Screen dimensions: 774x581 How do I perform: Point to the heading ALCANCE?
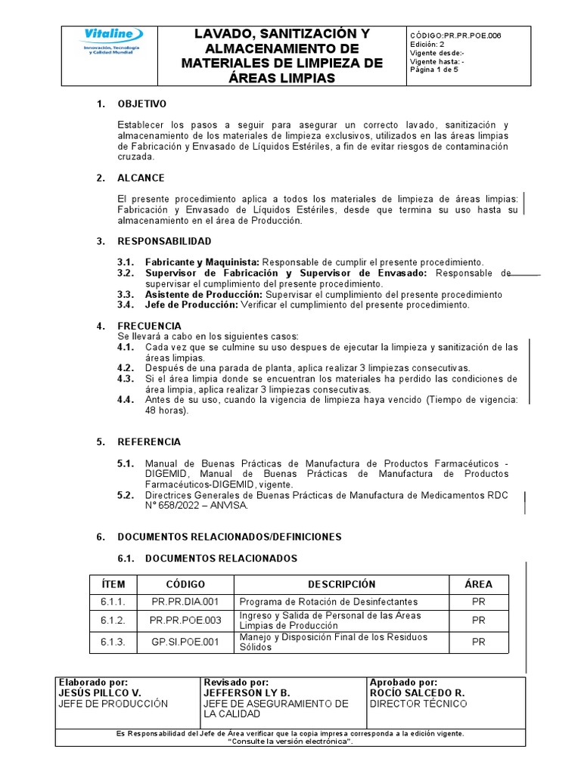[x=141, y=178]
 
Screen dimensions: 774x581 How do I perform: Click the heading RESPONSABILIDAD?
[x=164, y=241]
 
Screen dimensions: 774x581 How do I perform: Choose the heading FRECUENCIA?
[x=149, y=326]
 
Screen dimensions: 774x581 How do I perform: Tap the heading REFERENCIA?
[x=149, y=441]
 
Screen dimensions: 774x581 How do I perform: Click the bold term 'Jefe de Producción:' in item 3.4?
[x=191, y=305]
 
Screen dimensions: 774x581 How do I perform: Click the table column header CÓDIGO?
[x=185, y=584]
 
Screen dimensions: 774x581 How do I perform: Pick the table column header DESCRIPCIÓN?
[x=341, y=584]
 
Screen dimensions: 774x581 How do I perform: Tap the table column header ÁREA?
[x=478, y=584]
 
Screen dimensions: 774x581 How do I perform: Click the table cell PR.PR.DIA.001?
[x=185, y=602]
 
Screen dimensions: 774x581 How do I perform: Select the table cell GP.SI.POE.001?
[x=185, y=642]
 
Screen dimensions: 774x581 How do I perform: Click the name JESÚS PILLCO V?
[x=100, y=692]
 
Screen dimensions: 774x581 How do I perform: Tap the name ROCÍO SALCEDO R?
[x=417, y=692]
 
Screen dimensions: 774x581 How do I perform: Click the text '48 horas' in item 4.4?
[x=164, y=411]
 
